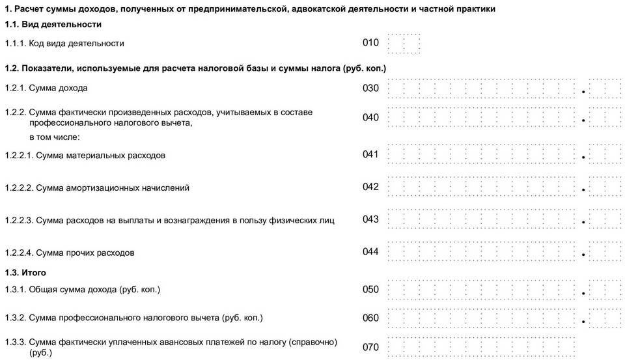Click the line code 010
tap(370, 43)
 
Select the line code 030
tap(370, 88)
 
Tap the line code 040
tap(370, 117)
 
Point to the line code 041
tap(370, 154)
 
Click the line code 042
tap(370, 187)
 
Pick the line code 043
tap(370, 219)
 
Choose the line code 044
tap(370, 252)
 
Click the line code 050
tap(370, 288)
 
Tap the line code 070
tap(370, 346)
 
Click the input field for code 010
tap(404, 44)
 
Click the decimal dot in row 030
tap(584, 92)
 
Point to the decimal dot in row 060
tap(584, 322)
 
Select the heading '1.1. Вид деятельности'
tap(53, 24)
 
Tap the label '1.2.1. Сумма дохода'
tap(46, 88)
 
